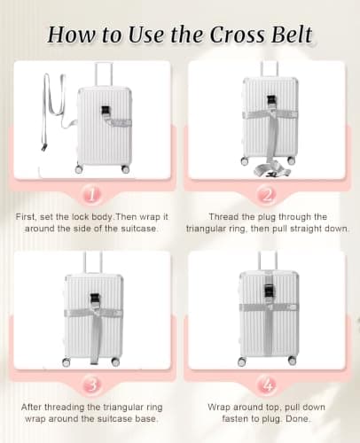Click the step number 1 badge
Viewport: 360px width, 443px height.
click(92, 195)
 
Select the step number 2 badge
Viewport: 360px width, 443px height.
click(267, 195)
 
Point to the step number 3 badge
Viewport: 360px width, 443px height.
click(92, 385)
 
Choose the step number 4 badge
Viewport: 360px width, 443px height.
click(267, 385)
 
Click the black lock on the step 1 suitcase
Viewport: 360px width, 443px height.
click(106, 111)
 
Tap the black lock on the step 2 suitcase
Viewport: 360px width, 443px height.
click(271, 99)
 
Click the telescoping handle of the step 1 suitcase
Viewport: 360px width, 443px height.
click(104, 74)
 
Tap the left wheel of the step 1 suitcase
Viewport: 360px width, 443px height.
click(79, 169)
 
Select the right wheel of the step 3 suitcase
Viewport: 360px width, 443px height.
click(115, 361)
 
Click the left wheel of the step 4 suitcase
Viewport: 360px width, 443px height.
click(242, 361)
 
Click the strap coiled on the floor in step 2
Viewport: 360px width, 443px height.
click(270, 170)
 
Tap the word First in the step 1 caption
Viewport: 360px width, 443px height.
click(27, 217)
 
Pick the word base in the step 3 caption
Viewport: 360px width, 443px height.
click(146, 419)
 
